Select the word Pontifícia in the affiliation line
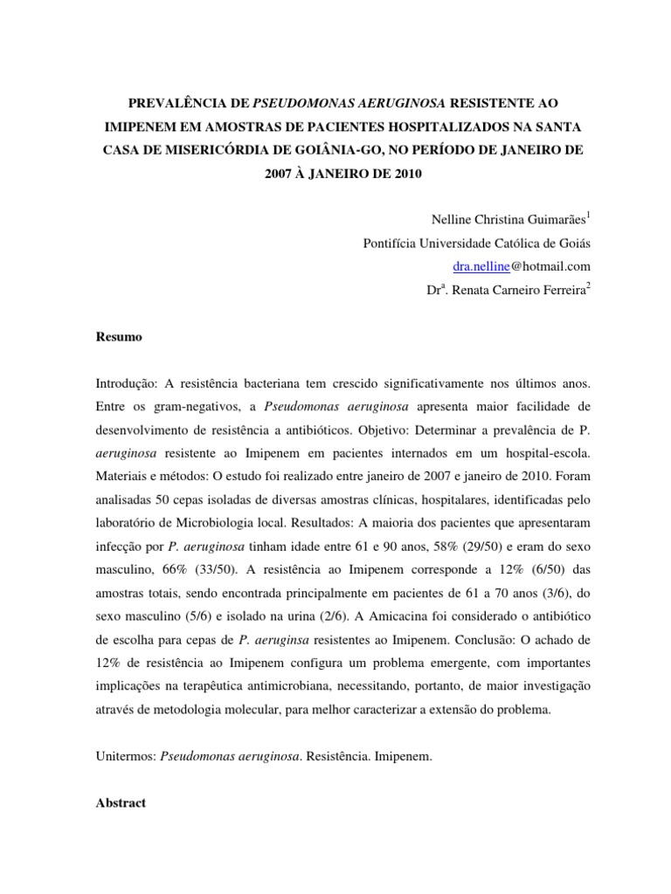[392, 244]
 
